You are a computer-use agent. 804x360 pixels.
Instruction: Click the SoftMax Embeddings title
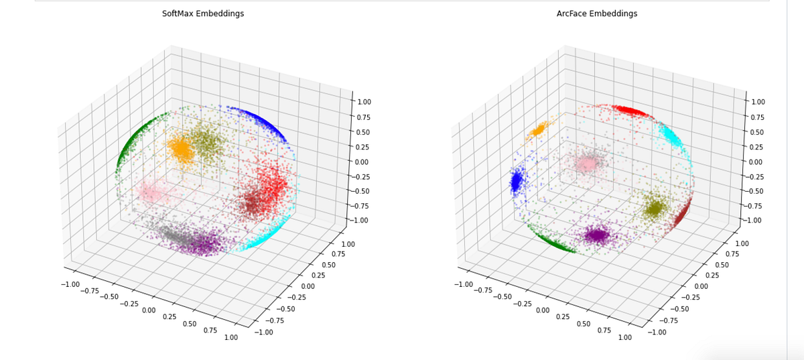(x=202, y=13)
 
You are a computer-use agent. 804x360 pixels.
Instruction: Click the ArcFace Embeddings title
(x=596, y=13)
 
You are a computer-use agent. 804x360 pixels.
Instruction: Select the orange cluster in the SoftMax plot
(x=181, y=148)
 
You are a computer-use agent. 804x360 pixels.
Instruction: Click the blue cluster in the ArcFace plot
(x=517, y=181)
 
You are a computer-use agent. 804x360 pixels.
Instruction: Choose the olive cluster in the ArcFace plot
(x=655, y=208)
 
